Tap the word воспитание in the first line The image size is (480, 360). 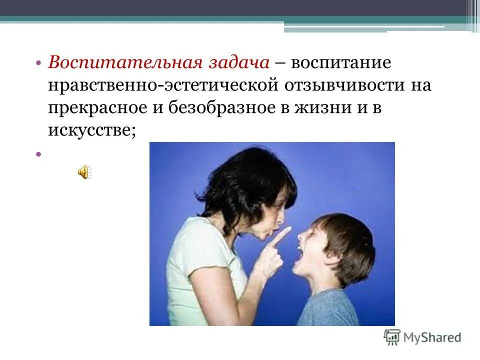point(341,63)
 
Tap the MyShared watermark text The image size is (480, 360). point(433,337)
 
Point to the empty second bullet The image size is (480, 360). point(38,154)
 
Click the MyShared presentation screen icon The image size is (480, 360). point(392,337)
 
